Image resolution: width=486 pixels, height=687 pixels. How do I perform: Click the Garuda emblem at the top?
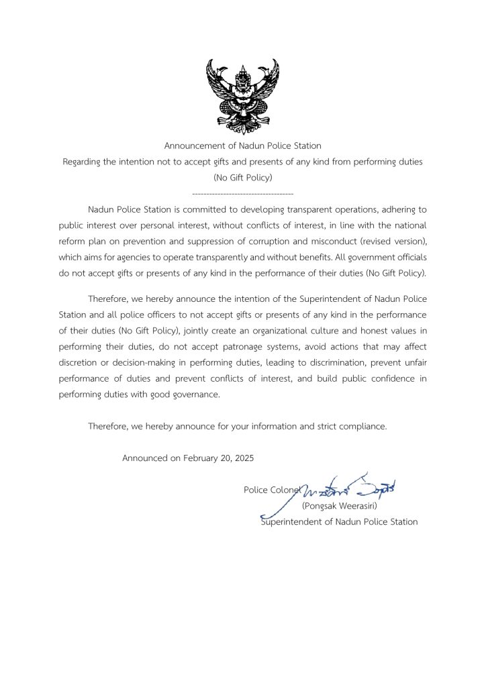click(x=242, y=96)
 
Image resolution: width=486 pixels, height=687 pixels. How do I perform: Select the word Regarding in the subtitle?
click(x=83, y=162)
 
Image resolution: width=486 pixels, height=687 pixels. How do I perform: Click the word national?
click(x=409, y=225)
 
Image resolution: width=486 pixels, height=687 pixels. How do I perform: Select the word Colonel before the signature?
click(x=285, y=490)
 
